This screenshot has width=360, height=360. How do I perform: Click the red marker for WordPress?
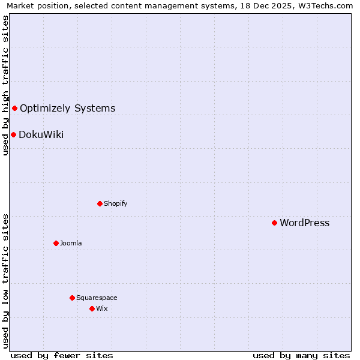click(274, 223)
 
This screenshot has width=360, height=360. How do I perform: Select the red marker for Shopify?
click(100, 203)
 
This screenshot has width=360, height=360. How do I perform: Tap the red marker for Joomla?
click(56, 243)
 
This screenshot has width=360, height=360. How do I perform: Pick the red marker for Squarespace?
click(72, 298)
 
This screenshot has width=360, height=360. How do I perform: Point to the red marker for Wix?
click(92, 308)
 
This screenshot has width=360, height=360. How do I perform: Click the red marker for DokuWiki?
click(13, 134)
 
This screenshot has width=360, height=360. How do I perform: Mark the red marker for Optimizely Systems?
click(14, 108)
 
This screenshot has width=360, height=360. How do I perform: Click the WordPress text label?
click(304, 223)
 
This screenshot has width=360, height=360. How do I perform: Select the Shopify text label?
click(115, 203)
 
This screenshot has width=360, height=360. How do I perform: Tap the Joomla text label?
click(71, 243)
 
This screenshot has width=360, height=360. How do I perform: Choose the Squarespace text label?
click(97, 298)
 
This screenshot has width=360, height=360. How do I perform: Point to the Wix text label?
click(101, 308)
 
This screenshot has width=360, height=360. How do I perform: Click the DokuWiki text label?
click(41, 135)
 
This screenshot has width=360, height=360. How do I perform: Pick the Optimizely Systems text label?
click(67, 109)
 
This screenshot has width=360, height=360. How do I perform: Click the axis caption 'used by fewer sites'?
click(62, 355)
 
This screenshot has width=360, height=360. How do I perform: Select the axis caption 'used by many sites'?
click(301, 355)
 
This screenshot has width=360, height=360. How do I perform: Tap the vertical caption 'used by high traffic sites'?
click(5, 85)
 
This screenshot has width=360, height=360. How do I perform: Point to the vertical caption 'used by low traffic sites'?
click(5, 281)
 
